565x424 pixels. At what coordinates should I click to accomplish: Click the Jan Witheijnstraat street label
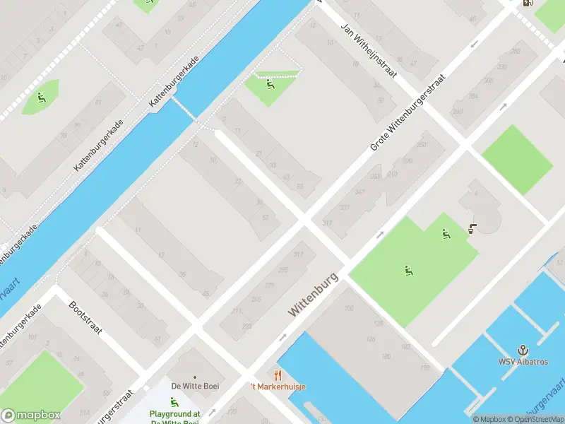369,52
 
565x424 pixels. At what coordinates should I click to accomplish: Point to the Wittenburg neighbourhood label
314,295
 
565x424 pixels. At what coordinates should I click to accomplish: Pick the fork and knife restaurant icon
278,375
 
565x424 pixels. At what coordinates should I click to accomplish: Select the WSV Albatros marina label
523,363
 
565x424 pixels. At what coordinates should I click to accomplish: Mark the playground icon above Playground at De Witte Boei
174,402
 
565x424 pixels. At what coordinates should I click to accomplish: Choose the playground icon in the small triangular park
270,86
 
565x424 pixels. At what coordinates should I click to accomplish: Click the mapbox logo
30,416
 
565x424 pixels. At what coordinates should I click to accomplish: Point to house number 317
327,223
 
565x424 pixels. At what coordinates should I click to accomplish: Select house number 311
299,254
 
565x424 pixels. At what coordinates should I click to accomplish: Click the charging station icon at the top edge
527,2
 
